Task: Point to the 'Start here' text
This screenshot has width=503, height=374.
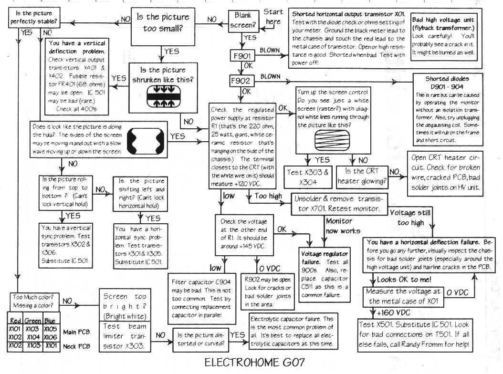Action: tap(273, 16)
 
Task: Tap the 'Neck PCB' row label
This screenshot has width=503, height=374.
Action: tap(76, 345)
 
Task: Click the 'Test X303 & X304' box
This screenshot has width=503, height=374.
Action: tap(308, 177)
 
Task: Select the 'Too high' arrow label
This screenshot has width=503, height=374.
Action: tap(268, 196)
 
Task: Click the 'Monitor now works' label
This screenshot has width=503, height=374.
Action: tap(339, 226)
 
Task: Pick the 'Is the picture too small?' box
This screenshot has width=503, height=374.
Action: tap(163, 22)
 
